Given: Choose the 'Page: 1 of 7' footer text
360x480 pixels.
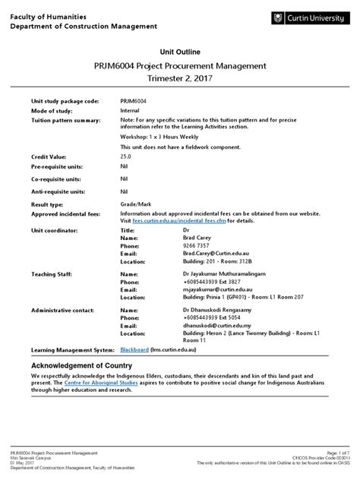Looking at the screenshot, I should coord(336,451).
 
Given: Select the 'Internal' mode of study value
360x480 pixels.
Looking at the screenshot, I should coord(131,109).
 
